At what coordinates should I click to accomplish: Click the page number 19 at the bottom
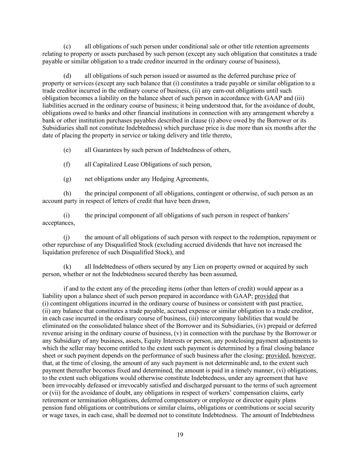click(180, 435)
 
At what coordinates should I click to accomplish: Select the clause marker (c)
click(67, 46)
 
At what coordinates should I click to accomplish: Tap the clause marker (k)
click(67, 267)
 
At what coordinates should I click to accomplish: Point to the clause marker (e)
click(67, 150)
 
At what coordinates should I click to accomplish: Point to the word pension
click(51, 408)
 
